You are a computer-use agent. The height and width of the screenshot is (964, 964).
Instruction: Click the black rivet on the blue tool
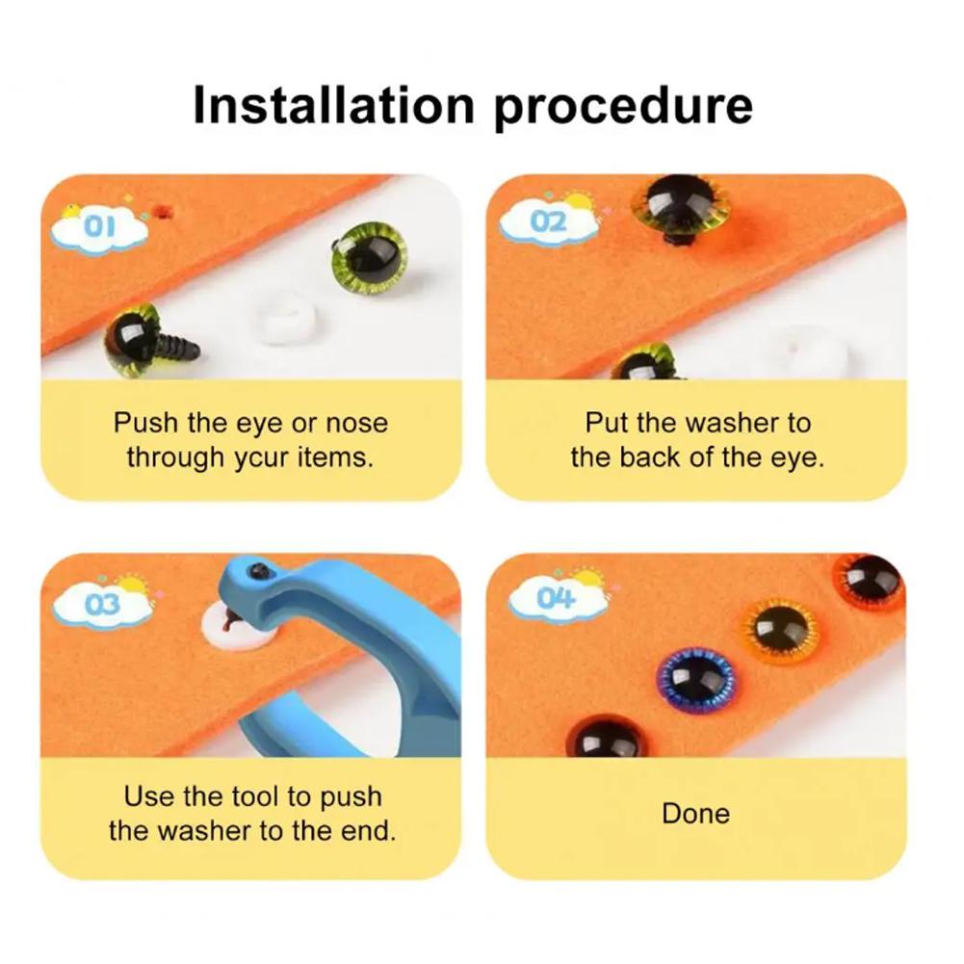(258, 573)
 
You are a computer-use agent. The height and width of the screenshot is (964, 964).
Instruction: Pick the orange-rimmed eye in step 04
(780, 630)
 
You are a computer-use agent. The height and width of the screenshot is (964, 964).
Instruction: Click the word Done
(695, 814)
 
